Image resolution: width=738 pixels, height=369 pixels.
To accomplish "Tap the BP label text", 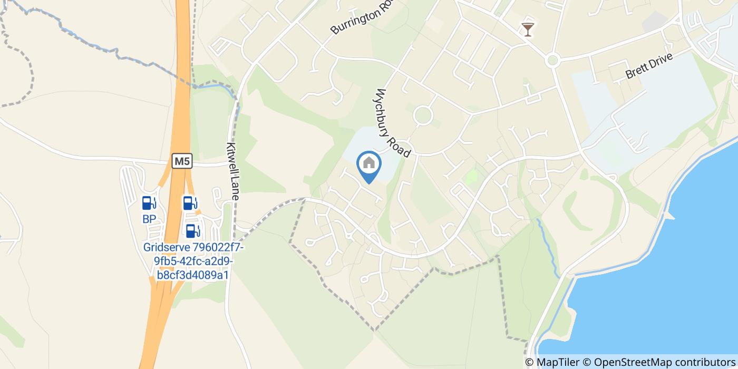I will coord(149,219).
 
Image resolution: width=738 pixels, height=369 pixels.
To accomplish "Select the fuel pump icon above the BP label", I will coord(149,203).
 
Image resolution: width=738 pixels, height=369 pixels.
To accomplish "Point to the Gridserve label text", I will coord(193,261).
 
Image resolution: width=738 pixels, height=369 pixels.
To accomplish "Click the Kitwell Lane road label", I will coord(233,170).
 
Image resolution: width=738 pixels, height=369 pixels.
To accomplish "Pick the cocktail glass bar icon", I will coord(527,30).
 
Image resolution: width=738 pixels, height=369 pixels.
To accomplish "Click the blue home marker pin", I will coord(369,164).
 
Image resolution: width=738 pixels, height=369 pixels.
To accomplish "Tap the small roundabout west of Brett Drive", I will coord(552,60).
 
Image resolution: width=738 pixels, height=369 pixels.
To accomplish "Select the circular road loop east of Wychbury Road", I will coord(423,115).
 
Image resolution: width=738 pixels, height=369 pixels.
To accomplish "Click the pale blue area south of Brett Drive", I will coord(648,116).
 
